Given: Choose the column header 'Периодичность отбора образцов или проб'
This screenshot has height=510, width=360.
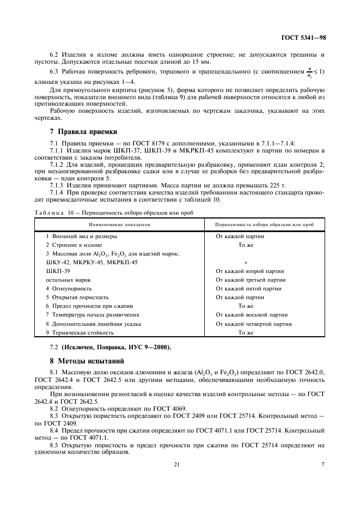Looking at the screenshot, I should click(264, 224).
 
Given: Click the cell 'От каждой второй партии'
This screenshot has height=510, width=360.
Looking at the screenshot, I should click(250, 271).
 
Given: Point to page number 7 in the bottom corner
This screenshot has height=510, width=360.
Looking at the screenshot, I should click(323, 465).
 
